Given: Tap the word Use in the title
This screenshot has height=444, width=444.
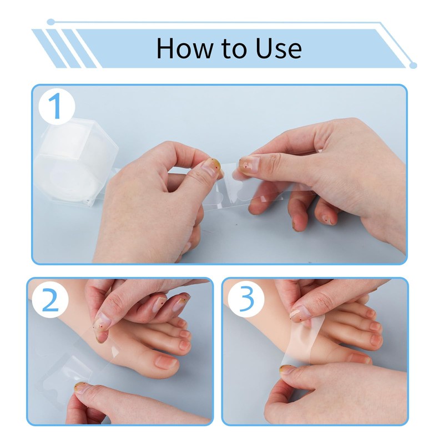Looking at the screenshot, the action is pos(279,48).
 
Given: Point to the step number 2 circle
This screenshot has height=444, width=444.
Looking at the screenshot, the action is pos(51,300).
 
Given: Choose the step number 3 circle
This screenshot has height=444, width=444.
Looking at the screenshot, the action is pos(246,299).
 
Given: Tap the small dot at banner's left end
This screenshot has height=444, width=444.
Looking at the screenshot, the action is pos(51,22).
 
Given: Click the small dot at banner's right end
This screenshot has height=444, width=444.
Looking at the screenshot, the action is pos(413,65).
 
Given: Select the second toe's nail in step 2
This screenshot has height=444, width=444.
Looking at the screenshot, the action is pos(184,344).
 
